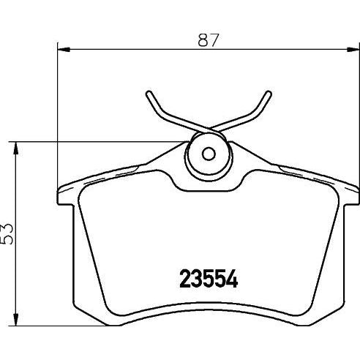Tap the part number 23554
coord(210,279)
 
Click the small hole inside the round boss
coord(208,154)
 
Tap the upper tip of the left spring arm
coord(149,94)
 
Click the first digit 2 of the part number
coord(186,279)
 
